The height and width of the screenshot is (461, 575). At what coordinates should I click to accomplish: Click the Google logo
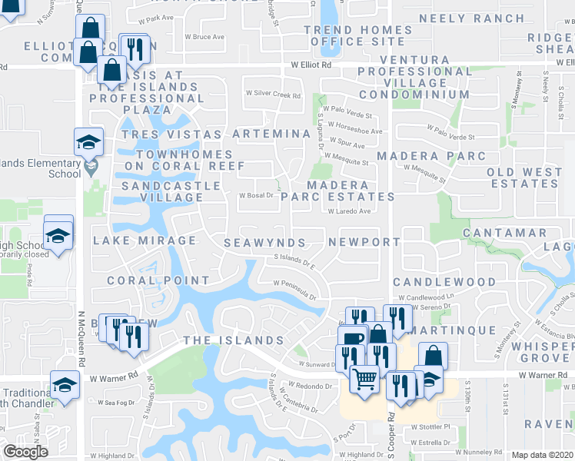click(25, 452)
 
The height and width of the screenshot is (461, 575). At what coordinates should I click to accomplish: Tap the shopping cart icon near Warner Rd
click(364, 377)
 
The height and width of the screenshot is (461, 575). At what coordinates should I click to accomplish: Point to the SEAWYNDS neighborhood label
click(264, 243)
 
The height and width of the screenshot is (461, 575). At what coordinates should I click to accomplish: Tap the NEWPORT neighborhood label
click(364, 242)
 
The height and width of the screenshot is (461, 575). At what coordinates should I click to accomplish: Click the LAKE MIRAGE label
click(145, 240)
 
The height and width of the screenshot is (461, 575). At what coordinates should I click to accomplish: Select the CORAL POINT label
click(158, 280)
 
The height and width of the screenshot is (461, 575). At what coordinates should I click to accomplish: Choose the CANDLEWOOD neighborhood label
click(445, 282)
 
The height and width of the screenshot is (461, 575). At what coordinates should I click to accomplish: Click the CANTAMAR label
click(504, 233)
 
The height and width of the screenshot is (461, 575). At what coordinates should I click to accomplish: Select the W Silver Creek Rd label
click(273, 95)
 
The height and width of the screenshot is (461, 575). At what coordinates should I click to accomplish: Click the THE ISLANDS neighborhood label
click(233, 340)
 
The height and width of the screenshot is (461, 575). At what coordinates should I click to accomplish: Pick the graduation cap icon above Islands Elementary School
click(88, 141)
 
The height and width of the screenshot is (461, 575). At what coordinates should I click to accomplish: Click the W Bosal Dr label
click(257, 195)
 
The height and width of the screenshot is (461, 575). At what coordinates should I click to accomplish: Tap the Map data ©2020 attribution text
click(542, 455)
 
